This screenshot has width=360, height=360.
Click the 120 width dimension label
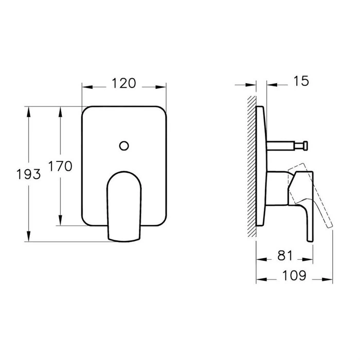click(123, 83)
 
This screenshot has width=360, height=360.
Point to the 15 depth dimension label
click(302, 81)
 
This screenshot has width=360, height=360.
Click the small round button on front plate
click(123, 146)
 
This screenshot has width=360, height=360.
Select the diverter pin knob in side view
click(305, 147)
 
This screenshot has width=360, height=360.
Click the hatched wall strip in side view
click(251, 165)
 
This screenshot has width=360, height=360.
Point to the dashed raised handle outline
click(314, 195)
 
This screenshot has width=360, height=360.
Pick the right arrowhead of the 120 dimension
click(163, 86)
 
